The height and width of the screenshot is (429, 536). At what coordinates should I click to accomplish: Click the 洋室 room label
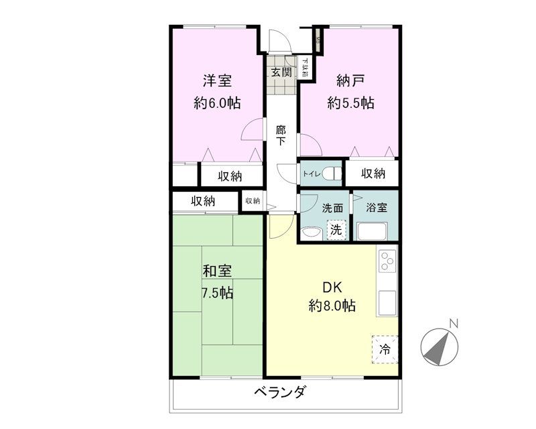pos(218,81)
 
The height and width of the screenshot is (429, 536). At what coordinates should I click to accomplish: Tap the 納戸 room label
pos(350,81)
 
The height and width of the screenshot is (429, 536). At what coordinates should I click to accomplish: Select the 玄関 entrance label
pos(281,72)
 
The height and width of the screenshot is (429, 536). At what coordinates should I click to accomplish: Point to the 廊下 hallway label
pos(281,135)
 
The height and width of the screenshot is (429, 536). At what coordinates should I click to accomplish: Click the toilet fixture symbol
pos(333,174)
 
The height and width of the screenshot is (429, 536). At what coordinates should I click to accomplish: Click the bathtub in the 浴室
pos(377,231)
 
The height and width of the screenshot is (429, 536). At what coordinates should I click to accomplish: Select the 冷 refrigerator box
pos(385,349)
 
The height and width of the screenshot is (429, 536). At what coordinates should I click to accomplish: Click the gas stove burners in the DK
pos(387,261)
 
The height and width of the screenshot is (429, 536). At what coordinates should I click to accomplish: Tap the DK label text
pos(332,288)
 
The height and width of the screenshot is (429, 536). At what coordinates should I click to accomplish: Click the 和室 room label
pos(218,271)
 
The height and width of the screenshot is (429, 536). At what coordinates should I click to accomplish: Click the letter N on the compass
pos(454,324)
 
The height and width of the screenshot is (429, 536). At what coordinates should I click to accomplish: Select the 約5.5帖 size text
pos(350,103)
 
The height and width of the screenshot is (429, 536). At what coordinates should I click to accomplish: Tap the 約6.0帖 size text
pos(218,103)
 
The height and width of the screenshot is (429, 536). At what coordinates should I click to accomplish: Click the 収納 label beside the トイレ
pos(373,174)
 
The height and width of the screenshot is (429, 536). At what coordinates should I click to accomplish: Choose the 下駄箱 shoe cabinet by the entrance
pos(305,68)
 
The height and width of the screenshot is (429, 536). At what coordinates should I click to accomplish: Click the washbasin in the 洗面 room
pos(310,233)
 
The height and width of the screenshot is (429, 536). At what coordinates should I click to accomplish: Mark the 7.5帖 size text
pos(218,293)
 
